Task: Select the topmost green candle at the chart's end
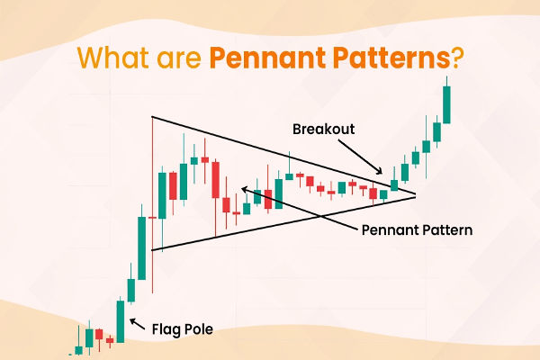(446, 104)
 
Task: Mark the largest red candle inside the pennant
(215, 179)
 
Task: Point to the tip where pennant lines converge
(416, 193)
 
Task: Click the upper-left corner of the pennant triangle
(152, 117)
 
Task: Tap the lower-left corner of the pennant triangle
(152, 250)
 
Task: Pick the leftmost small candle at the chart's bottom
(78, 348)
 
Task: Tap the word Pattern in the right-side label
(444, 229)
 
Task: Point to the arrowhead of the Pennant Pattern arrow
(240, 189)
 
